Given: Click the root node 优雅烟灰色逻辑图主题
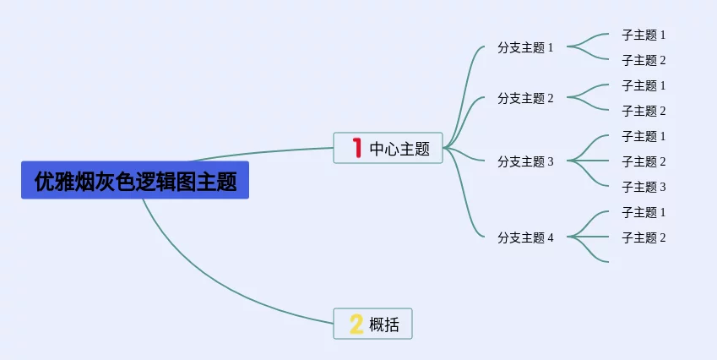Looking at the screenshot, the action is pyautogui.click(x=135, y=181).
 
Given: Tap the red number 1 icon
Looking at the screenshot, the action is pyautogui.click(x=357, y=149).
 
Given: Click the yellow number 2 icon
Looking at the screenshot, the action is pyautogui.click(x=356, y=324).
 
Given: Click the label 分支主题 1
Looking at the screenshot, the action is pyautogui.click(x=525, y=47).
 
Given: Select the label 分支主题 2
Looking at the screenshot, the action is pyautogui.click(x=525, y=98).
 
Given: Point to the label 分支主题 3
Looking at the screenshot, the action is pyautogui.click(x=525, y=161).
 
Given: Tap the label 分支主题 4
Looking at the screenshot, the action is pyautogui.click(x=525, y=237).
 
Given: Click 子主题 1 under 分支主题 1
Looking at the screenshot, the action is pyautogui.click(x=644, y=35).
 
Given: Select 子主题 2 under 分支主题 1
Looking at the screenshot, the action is pyautogui.click(x=644, y=60).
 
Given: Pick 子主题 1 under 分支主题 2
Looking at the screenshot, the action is pyautogui.click(x=644, y=85).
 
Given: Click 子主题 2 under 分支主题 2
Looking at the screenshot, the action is pyautogui.click(x=644, y=111).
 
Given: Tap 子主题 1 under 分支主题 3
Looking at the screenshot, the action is pyautogui.click(x=644, y=136).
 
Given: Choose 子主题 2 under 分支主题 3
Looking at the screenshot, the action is pyautogui.click(x=644, y=161).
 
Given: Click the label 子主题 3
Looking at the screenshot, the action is pyautogui.click(x=644, y=187).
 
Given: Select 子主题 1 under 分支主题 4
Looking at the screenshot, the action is pyautogui.click(x=644, y=212).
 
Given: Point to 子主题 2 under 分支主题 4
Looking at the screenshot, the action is pyautogui.click(x=644, y=237).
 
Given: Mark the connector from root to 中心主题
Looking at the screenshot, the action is pyautogui.click(x=262, y=152).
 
